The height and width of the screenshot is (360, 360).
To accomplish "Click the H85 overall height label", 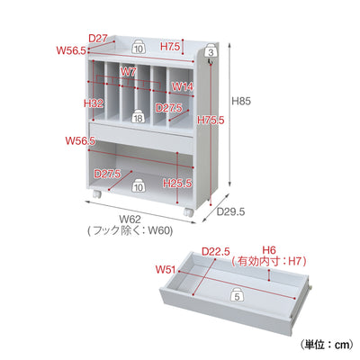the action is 241,101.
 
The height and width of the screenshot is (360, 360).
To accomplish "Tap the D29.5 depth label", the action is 230,212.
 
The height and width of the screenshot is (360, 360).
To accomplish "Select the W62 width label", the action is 130,220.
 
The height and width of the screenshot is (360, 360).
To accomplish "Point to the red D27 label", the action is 98,38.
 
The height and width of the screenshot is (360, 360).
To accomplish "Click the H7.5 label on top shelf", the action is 170,47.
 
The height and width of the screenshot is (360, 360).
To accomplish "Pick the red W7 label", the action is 128,71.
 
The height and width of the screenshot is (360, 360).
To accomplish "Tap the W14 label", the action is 183,86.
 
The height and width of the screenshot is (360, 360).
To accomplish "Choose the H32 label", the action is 94,103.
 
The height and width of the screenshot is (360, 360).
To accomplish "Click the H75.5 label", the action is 211,121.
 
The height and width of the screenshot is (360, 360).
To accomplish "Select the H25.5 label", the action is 177,183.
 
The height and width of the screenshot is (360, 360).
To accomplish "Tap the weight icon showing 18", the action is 138,116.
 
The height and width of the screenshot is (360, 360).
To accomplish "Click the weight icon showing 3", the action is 211,50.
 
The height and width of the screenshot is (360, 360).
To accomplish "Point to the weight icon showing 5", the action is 238,294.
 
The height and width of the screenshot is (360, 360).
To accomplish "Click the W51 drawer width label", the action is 166,270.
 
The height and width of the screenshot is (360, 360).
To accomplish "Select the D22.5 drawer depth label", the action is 215,251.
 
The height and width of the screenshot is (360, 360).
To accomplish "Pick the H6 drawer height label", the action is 269,249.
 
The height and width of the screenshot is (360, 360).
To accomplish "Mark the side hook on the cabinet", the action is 211,61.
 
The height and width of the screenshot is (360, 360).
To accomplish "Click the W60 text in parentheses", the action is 160,230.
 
